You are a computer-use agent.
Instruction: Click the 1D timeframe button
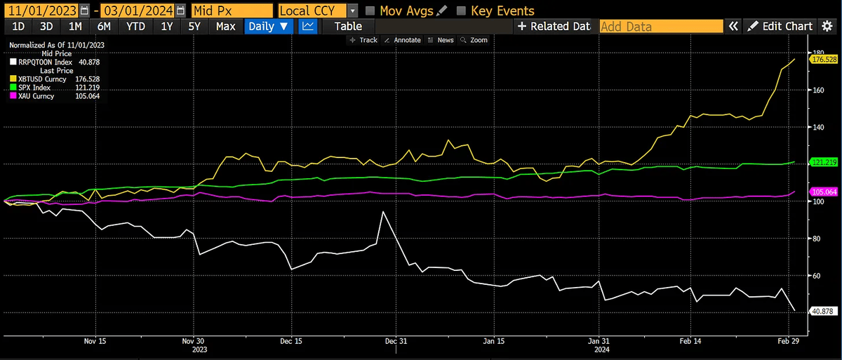pyautogui.click(x=19, y=27)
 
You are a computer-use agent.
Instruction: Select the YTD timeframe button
pyautogui.click(x=135, y=27)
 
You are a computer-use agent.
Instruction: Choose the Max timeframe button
pyautogui.click(x=225, y=27)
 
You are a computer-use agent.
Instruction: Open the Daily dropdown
pyautogui.click(x=269, y=27)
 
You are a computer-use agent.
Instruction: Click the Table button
pyautogui.click(x=348, y=27)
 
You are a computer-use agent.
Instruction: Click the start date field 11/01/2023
pyautogui.click(x=39, y=11)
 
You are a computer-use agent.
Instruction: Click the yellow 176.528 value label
pyautogui.click(x=820, y=60)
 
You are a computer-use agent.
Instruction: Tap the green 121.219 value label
pyautogui.click(x=820, y=162)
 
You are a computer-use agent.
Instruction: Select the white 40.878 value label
pyautogui.click(x=820, y=310)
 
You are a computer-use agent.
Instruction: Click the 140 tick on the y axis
pyautogui.click(x=818, y=127)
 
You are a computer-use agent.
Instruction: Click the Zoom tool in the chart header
pyautogui.click(x=474, y=40)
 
